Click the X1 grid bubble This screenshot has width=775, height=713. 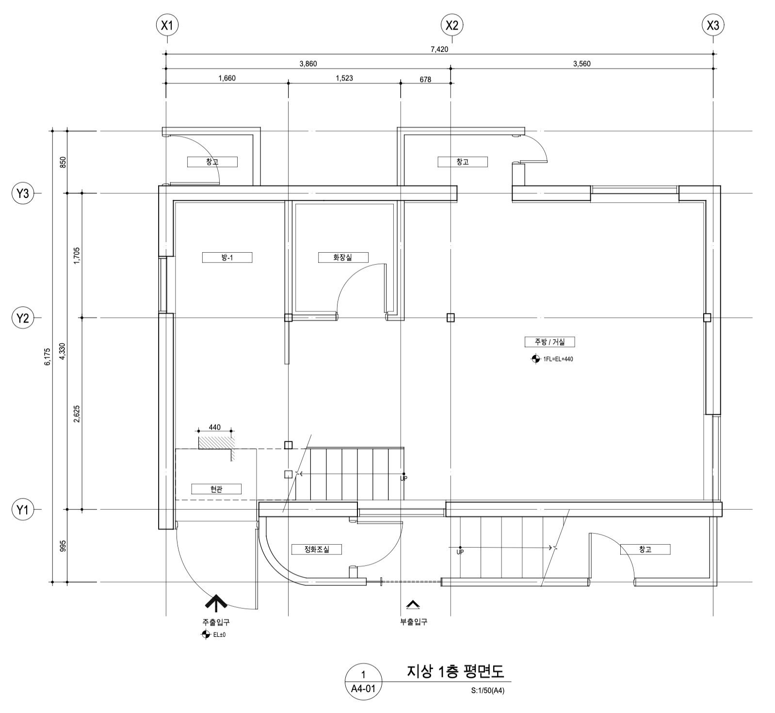(x=166, y=26)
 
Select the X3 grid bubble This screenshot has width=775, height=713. (x=713, y=26)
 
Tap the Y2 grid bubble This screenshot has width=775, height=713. (x=23, y=318)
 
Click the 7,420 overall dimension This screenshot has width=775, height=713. (x=439, y=49)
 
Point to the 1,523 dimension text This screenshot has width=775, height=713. (x=344, y=78)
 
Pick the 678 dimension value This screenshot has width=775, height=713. (x=425, y=80)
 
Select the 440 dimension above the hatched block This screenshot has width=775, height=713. (x=214, y=427)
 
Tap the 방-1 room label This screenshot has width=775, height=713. (x=227, y=258)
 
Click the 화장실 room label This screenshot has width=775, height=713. (x=343, y=258)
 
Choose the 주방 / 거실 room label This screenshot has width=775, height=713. (x=550, y=342)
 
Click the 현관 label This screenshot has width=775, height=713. (x=216, y=489)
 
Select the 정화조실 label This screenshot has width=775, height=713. (x=317, y=550)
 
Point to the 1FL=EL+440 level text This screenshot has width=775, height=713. (x=558, y=359)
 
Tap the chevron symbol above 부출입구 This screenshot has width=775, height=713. (x=413, y=605)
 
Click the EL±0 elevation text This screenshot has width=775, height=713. (x=219, y=634)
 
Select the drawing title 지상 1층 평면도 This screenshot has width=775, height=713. (x=455, y=672)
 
